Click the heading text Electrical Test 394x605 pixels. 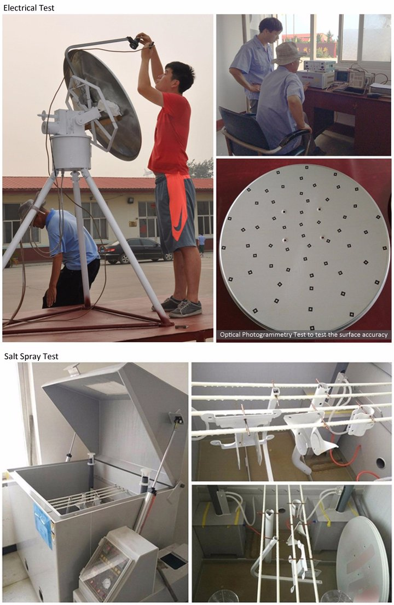tap(29, 7)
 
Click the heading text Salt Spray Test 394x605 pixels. tap(31, 356)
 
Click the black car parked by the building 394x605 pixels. tap(135, 251)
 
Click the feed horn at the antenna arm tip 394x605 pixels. tap(134, 42)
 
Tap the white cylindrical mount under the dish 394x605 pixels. tap(71, 152)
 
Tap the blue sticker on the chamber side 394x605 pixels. tap(43, 525)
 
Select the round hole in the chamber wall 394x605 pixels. tap(380, 463)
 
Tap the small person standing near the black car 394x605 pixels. tap(201, 244)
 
